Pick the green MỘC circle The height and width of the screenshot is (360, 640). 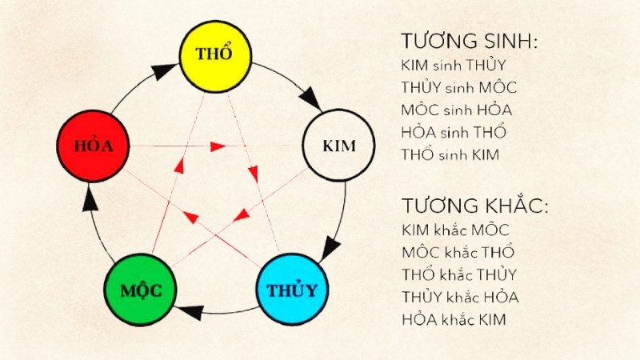(141, 290)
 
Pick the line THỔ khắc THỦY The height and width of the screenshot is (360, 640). (458, 274)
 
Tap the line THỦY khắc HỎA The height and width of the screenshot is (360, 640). (461, 297)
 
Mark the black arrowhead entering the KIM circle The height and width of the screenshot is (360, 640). (310, 105)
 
